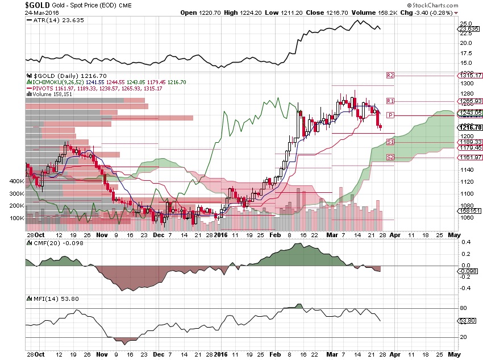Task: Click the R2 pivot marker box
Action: [390, 75]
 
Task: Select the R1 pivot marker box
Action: [390, 101]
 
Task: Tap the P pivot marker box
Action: [390, 115]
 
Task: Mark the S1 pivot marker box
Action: [390, 142]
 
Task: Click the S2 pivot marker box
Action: [390, 157]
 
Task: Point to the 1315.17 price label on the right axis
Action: [470, 75]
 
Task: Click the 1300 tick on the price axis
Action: [466, 83]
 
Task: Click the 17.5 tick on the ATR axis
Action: [465, 53]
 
